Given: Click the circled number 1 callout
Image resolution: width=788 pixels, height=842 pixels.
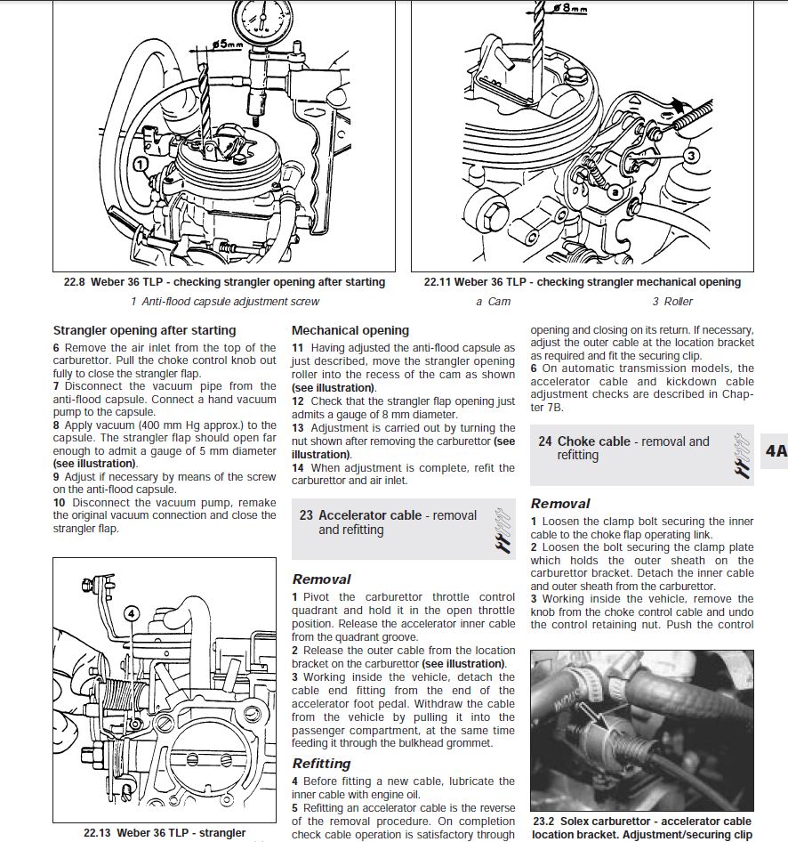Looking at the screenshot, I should pyautogui.click(x=140, y=164).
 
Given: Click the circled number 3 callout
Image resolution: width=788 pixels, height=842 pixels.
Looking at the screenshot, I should pyautogui.click(x=692, y=154).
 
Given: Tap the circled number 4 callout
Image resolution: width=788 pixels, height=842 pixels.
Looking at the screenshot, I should pyautogui.click(x=131, y=612).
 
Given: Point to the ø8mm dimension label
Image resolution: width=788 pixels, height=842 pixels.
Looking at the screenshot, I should pyautogui.click(x=570, y=8).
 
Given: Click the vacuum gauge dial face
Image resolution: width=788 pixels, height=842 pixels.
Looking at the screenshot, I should pyautogui.click(x=262, y=19).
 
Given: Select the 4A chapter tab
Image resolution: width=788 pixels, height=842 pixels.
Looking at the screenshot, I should pyautogui.click(x=776, y=450).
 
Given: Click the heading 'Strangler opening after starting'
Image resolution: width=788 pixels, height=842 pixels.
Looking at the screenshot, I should pyautogui.click(x=144, y=330).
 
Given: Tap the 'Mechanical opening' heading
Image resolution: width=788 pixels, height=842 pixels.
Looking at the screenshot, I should pyautogui.click(x=350, y=330).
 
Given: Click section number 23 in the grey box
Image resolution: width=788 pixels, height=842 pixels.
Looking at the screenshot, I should pyautogui.click(x=306, y=515).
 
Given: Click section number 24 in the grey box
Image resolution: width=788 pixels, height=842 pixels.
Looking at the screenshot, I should pyautogui.click(x=545, y=441).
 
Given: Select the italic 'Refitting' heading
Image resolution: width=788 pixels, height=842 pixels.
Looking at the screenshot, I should pyautogui.click(x=321, y=763).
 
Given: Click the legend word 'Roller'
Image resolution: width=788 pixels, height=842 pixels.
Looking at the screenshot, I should pyautogui.click(x=679, y=301).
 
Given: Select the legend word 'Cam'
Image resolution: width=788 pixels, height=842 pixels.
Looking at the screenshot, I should pyautogui.click(x=499, y=301).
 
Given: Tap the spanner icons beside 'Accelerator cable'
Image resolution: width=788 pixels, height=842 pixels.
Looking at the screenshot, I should pyautogui.click(x=503, y=529).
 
